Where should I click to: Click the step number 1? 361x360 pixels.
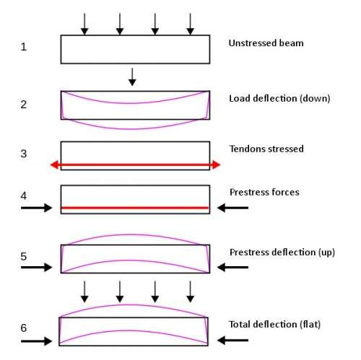pyautogui.click(x=23, y=46)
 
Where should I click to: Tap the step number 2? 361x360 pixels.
pyautogui.click(x=23, y=105)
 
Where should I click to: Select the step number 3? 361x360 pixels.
pyautogui.click(x=23, y=154)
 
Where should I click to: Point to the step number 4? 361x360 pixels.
pyautogui.click(x=24, y=196)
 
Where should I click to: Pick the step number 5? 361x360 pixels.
pyautogui.click(x=24, y=256)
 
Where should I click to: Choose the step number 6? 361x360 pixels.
pyautogui.click(x=24, y=328)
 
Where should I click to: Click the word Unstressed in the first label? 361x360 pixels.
pyautogui.click(x=249, y=43)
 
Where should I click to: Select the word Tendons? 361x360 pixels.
pyautogui.click(x=247, y=149)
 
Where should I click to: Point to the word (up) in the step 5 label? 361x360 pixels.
pyautogui.click(x=326, y=253)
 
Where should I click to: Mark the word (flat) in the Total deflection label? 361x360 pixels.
pyautogui.click(x=310, y=325)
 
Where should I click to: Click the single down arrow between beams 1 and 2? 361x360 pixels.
pyautogui.click(x=132, y=77)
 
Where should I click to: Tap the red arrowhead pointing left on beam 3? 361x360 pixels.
pyautogui.click(x=55, y=164)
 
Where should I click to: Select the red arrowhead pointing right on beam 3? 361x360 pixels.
pyautogui.click(x=216, y=164)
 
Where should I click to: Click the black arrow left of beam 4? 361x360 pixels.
pyautogui.click(x=36, y=208)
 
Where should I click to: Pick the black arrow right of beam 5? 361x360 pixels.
pyautogui.click(x=232, y=267)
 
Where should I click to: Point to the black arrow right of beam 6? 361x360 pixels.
pyautogui.click(x=232, y=341)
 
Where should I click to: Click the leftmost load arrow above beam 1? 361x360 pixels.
pyautogui.click(x=84, y=24)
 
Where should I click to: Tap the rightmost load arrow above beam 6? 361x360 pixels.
pyautogui.click(x=191, y=291)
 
